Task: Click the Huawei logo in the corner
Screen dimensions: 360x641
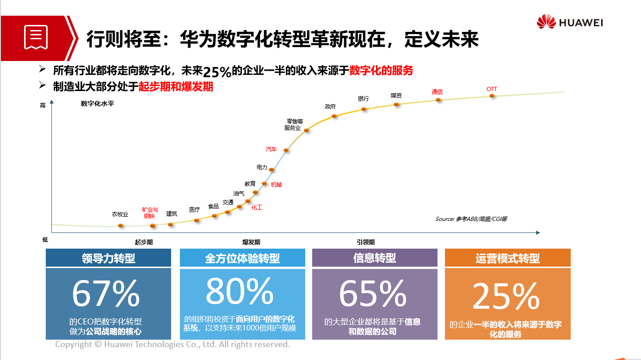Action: pyautogui.click(x=570, y=22)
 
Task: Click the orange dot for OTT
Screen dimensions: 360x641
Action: pyautogui.click(x=492, y=96)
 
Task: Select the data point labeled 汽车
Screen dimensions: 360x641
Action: pyautogui.click(x=286, y=150)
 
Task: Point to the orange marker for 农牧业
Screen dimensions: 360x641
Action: pyautogui.click(x=121, y=226)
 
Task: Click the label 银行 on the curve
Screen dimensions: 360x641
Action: pyautogui.click(x=364, y=99)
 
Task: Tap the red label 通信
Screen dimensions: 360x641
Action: pyautogui.click(x=437, y=92)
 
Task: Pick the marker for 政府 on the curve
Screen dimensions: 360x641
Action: pyautogui.click(x=335, y=116)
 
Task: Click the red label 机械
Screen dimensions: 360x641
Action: pyautogui.click(x=276, y=185)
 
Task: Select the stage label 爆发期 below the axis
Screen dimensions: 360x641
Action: pyautogui.click(x=251, y=242)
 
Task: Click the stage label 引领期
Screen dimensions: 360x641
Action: pyautogui.click(x=365, y=242)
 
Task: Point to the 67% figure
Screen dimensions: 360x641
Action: pyautogui.click(x=106, y=293)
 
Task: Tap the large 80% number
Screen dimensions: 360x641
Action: pyautogui.click(x=240, y=291)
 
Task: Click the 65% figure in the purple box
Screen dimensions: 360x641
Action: pyautogui.click(x=373, y=293)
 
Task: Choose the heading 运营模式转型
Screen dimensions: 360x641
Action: pyautogui.click(x=507, y=258)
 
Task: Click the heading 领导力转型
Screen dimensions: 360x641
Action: pyautogui.click(x=108, y=258)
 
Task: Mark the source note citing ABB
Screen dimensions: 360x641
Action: pyautogui.click(x=471, y=219)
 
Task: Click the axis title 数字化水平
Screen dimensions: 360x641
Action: pyautogui.click(x=97, y=104)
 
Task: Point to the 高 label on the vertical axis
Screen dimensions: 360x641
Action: pyautogui.click(x=43, y=105)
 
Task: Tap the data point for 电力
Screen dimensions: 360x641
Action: pyautogui.click(x=271, y=170)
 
